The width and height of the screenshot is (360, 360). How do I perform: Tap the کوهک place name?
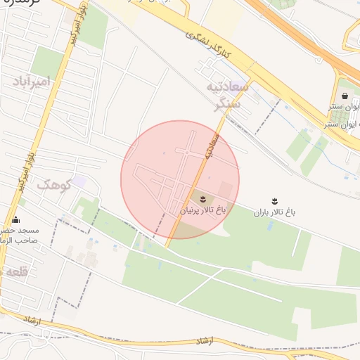[53, 185]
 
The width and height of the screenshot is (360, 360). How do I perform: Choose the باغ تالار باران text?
[275, 212]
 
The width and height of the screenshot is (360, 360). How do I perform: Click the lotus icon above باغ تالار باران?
[275, 201]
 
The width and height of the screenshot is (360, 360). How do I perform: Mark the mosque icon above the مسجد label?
[15, 220]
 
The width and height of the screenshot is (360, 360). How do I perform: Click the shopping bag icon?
[345, 95]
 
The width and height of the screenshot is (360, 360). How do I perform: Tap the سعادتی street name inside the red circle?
[211, 146]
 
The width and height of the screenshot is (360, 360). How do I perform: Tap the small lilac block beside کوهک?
[79, 181]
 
